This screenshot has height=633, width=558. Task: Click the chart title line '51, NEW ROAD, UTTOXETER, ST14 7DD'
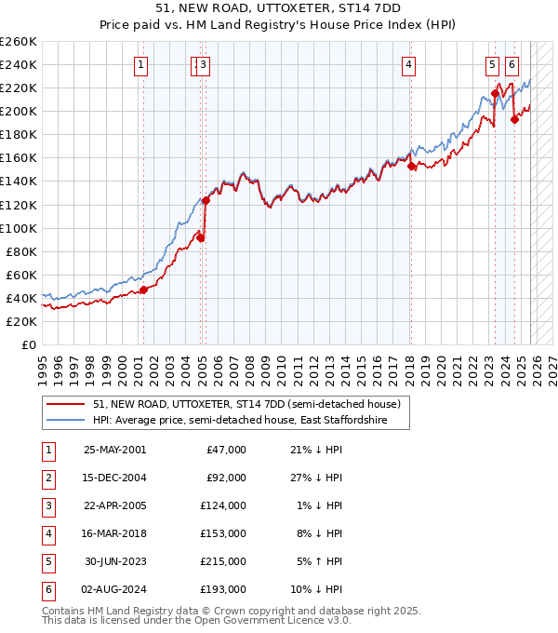[x=278, y=7]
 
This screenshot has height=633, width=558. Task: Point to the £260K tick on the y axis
[x=19, y=42]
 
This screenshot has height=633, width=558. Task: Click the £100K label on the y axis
[x=19, y=228]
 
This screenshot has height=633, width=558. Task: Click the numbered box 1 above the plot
[x=140, y=64]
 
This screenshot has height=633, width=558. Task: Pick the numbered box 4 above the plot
[x=409, y=64]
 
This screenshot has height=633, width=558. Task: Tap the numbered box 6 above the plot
[x=512, y=64]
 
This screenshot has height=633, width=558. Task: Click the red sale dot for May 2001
[x=144, y=290]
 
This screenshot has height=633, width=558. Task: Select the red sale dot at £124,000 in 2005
[x=206, y=200]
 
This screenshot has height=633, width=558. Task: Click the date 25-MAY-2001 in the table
[x=114, y=450]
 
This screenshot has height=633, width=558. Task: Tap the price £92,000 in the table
[x=226, y=478]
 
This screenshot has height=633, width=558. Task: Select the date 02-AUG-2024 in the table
[x=114, y=589]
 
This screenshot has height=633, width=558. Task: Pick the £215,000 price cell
[x=223, y=561]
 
